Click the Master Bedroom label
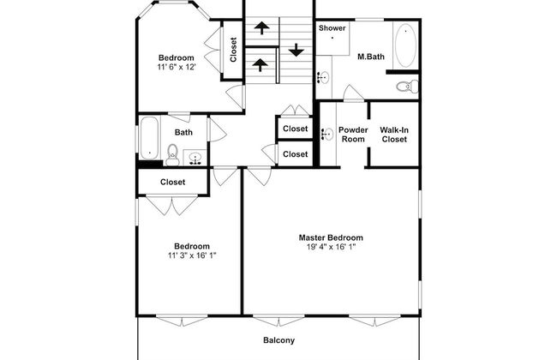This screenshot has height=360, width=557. tap(330, 237)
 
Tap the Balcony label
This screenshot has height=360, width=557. tap(278, 340)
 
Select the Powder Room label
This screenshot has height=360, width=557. tap(353, 135)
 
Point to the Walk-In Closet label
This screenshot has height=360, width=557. tap(394, 135)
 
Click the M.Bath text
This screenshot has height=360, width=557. tap(371, 57)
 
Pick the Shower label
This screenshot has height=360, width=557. tap(332, 28)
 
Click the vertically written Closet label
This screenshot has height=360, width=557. tap(233, 48)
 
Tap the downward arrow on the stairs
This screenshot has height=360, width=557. tap(296, 49)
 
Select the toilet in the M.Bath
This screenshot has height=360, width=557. tap(409, 85)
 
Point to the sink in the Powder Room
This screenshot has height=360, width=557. tap(327, 134)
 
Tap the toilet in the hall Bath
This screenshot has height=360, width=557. tap(172, 154)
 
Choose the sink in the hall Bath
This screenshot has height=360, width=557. tap(195, 157)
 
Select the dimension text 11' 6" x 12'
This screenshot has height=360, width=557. tap(182, 67)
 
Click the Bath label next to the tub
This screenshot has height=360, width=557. tap(183, 132)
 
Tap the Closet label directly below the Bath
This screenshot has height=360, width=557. tap(173, 182)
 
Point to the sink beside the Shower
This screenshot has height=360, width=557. tap(322, 77)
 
